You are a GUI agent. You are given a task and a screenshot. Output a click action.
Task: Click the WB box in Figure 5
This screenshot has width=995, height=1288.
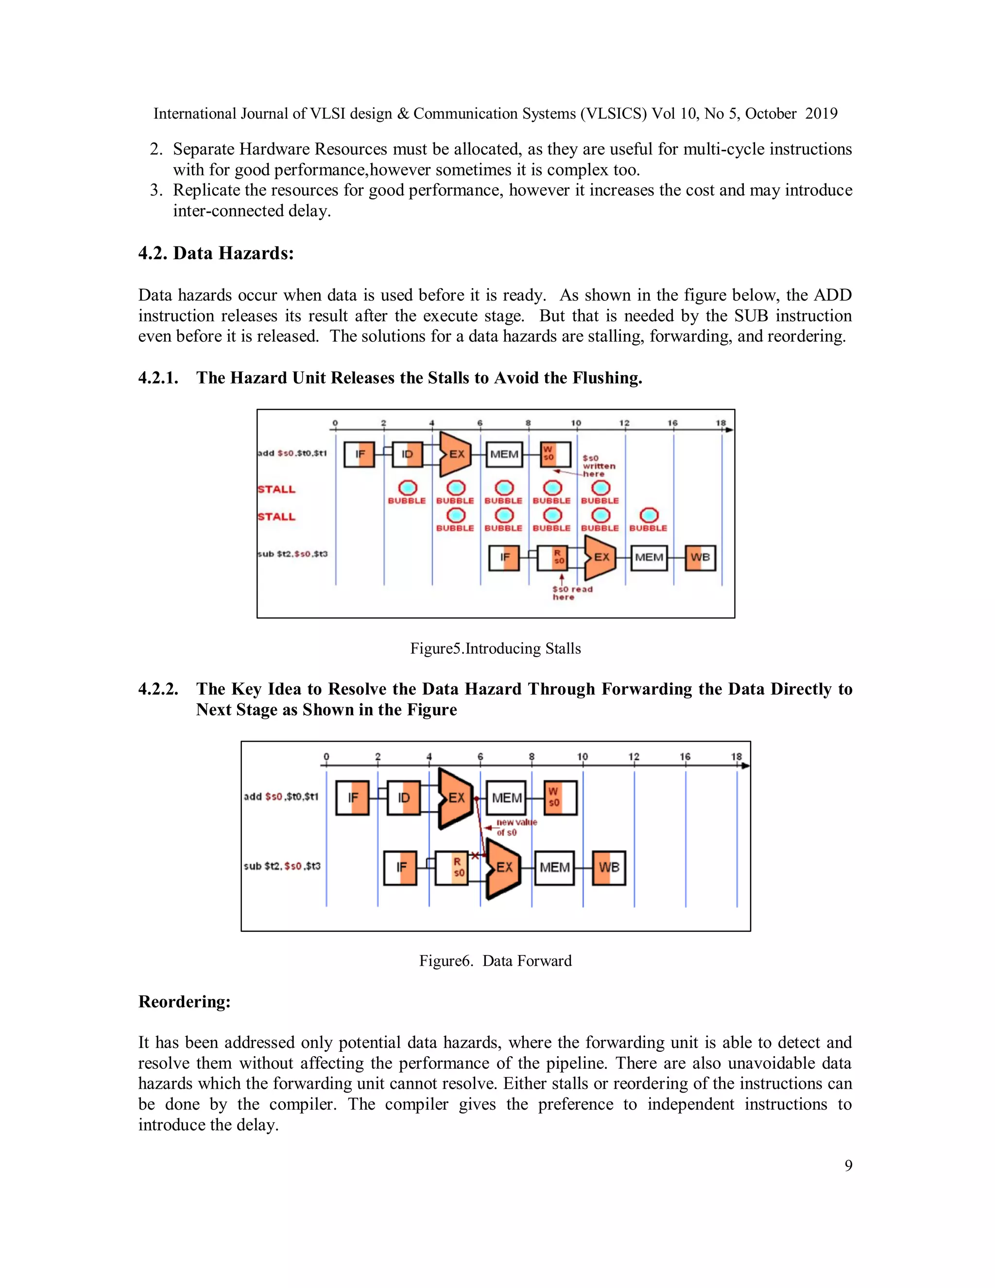coord(700,557)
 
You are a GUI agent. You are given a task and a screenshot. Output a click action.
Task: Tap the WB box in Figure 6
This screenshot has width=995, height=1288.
coord(609,868)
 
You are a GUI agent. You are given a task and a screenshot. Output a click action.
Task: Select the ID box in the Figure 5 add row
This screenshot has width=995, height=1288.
coord(407,454)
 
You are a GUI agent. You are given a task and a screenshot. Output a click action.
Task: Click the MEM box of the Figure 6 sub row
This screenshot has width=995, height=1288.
coord(554,868)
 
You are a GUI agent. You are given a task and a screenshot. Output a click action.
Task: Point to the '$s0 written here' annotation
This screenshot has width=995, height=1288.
coord(598,466)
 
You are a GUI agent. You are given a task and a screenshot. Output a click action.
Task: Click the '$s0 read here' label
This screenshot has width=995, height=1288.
coord(571,592)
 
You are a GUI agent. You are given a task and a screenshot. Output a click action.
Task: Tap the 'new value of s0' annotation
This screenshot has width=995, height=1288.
coord(515,827)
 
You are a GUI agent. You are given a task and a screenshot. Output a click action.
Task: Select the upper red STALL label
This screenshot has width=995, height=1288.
coord(276,489)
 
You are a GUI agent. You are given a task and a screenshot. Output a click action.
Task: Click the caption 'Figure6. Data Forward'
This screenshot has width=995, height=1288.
coord(495,961)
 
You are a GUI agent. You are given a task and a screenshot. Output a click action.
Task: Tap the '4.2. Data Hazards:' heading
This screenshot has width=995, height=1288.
coord(216,254)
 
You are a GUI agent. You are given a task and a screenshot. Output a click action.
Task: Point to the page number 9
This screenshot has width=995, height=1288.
coord(848,1166)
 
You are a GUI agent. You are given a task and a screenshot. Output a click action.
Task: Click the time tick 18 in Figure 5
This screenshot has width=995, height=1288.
coord(721,423)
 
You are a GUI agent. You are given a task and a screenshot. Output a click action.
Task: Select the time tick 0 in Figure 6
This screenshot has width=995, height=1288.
coord(326,757)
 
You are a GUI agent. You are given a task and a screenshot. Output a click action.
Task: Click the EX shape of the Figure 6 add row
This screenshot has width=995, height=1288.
coord(456,798)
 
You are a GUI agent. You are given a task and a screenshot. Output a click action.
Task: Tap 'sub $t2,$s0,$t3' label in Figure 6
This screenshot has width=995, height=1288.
coord(282,866)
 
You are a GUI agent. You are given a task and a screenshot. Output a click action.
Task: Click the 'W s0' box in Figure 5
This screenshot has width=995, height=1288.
coord(555,454)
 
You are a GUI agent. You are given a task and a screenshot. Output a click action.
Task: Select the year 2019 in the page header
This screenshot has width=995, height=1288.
coord(821,114)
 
